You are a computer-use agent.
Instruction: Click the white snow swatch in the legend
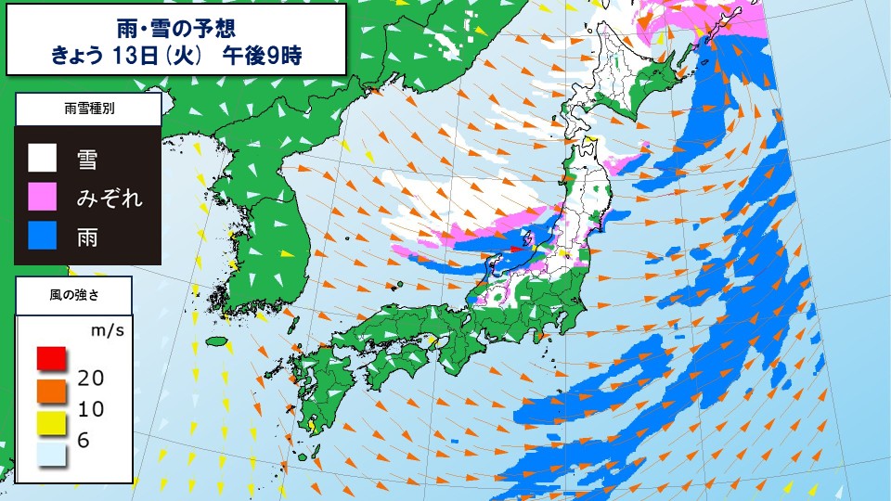coord(42,159)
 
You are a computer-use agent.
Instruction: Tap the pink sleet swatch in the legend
coord(42,198)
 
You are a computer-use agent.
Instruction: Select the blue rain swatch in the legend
coord(42,238)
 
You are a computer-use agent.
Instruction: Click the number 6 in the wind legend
coord(84,441)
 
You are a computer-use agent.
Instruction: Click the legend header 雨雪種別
coord(89,109)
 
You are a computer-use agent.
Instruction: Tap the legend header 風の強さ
coord(74,294)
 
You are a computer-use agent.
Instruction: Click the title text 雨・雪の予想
coord(176,25)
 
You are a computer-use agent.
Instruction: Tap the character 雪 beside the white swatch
coord(89,159)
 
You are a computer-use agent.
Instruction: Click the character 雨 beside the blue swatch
coord(89,238)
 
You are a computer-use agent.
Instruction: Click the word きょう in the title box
coord(82,54)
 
